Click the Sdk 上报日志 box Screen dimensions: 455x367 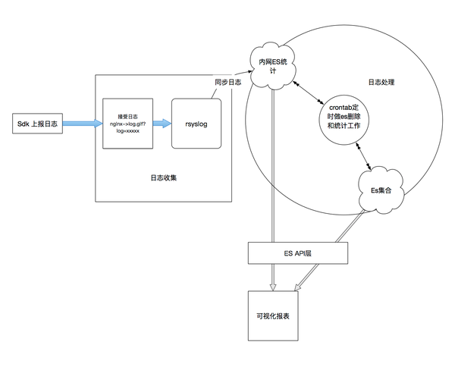point(37,124)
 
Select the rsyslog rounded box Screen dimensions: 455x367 point(196,124)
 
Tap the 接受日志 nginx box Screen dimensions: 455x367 point(127,124)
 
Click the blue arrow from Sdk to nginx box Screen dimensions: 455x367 point(83,124)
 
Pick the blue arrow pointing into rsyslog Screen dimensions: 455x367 point(162,124)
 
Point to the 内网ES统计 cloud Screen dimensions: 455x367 point(273,66)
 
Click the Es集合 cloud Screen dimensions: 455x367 point(381,190)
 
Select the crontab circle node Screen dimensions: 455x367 point(344,120)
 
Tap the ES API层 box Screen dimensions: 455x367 point(298,253)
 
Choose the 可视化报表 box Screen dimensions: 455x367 point(273,316)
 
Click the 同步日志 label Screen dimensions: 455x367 point(227,82)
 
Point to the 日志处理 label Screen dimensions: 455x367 point(381,83)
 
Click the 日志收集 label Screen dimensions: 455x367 point(164,177)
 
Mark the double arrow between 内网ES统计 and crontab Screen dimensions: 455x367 point(309,93)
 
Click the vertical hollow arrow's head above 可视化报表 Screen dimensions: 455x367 point(272,287)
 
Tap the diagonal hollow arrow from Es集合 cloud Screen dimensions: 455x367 point(330,250)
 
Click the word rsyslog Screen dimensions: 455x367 point(196,124)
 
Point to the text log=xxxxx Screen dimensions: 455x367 point(127,131)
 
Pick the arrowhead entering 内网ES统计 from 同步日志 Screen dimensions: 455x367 point(249,71)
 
